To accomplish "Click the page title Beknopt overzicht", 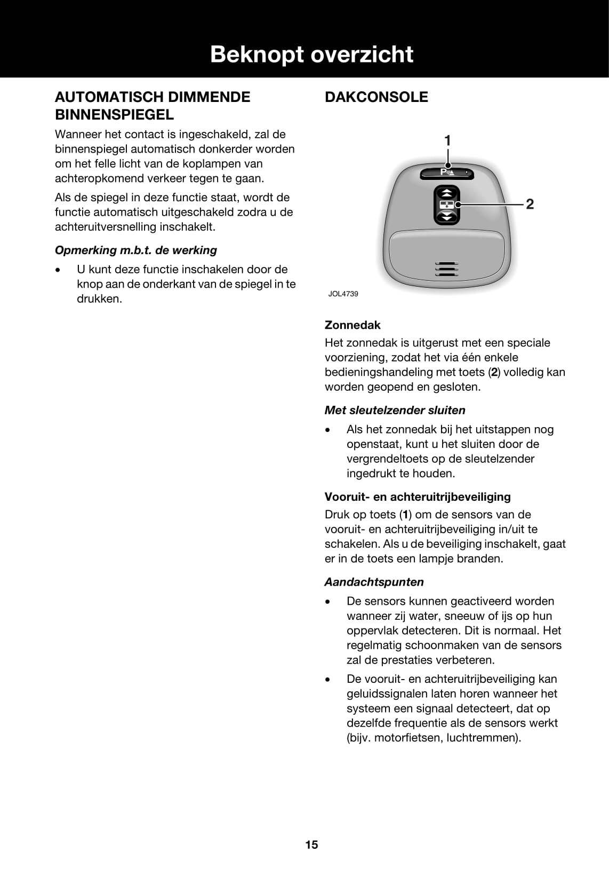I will pyautogui.click(x=311, y=54).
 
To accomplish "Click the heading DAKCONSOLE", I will pyautogui.click(x=376, y=97).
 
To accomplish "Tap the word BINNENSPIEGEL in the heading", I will pyautogui.click(x=114, y=115).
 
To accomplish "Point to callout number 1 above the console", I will pyautogui.click(x=447, y=140).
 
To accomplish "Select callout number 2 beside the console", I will pyautogui.click(x=530, y=204).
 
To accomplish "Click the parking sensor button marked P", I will pyautogui.click(x=446, y=172).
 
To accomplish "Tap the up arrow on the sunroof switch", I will pyautogui.click(x=447, y=193).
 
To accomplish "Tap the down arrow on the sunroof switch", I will pyautogui.click(x=447, y=217).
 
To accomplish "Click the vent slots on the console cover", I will pyautogui.click(x=446, y=269).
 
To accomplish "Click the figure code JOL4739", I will pyautogui.click(x=343, y=294).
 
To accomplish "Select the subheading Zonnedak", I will pyautogui.click(x=352, y=325).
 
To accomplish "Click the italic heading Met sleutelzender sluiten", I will pyautogui.click(x=395, y=411).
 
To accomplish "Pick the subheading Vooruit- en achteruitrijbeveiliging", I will pyautogui.click(x=418, y=497).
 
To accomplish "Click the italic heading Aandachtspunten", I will pyautogui.click(x=374, y=582).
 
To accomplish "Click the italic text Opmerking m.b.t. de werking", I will pyautogui.click(x=136, y=250).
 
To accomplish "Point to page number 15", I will pyautogui.click(x=311, y=845).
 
